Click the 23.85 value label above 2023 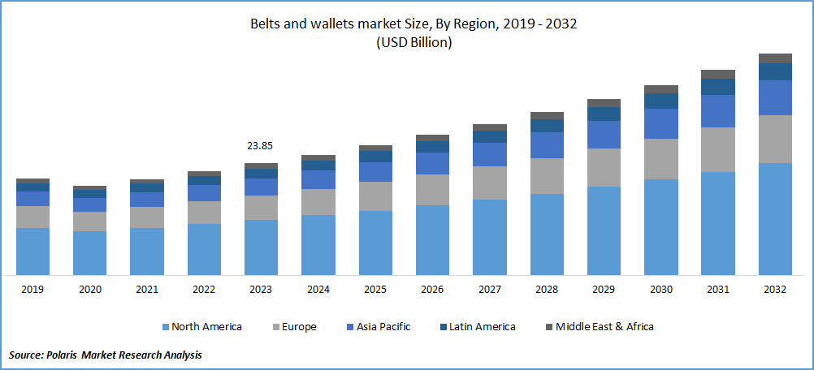click(261, 146)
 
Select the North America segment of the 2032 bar click(775, 219)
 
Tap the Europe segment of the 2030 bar click(660, 159)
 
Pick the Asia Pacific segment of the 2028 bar click(547, 145)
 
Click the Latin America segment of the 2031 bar click(718, 87)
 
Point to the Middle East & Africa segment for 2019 click(32, 181)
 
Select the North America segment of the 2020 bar click(89, 253)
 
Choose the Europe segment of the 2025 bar click(375, 196)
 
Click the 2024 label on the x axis click(318, 290)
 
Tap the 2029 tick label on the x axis click(604, 290)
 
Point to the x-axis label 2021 click(147, 290)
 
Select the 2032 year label click(775, 290)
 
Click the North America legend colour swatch click(165, 327)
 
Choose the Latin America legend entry click(483, 327)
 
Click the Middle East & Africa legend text click(604, 327)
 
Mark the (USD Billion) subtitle click(413, 43)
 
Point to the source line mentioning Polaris click(106, 355)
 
